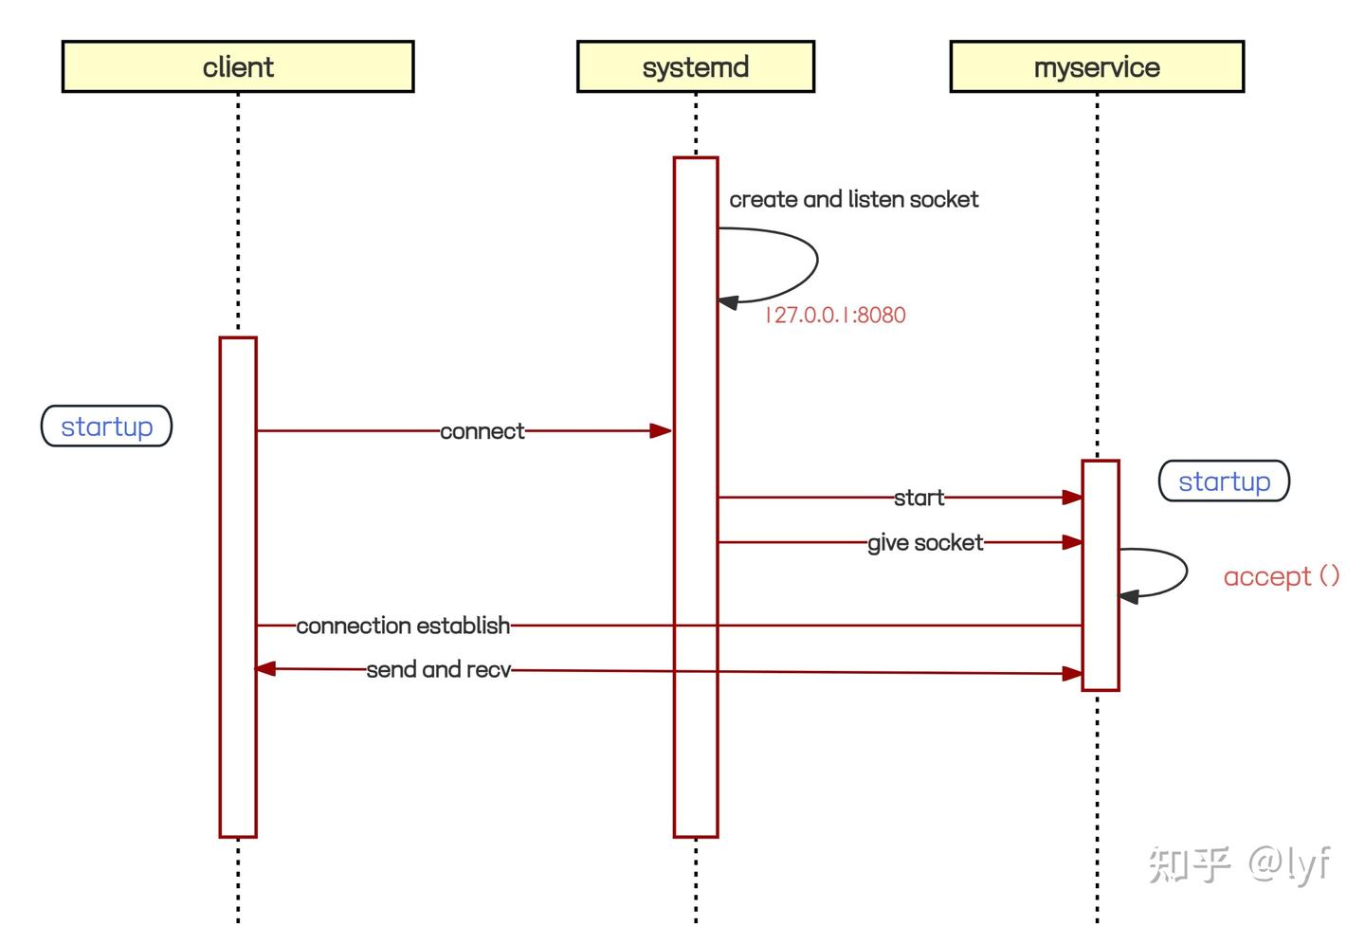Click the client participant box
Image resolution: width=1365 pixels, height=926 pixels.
click(x=238, y=66)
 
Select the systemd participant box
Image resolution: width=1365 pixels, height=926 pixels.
click(x=695, y=66)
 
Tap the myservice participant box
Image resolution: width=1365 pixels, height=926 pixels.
click(x=1097, y=66)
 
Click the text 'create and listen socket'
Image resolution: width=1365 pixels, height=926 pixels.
click(x=853, y=199)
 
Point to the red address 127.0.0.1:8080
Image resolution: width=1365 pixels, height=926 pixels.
click(x=835, y=315)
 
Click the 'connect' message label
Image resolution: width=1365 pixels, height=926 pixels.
click(x=482, y=431)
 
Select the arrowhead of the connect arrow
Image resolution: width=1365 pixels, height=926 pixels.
click(x=661, y=430)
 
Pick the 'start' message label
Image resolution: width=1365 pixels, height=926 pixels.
click(x=919, y=498)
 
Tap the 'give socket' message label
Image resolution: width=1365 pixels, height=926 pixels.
click(x=925, y=543)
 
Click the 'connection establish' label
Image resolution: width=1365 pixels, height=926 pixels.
click(x=403, y=626)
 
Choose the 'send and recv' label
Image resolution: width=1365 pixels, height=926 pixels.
click(x=438, y=670)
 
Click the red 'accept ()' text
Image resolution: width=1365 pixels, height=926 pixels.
click(x=1281, y=576)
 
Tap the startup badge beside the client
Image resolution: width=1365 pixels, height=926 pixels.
click(x=106, y=427)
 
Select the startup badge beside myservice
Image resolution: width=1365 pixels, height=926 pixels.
click(x=1224, y=481)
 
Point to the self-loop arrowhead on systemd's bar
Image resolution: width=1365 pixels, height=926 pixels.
click(x=728, y=302)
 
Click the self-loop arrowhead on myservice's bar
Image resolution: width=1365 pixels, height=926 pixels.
click(x=1129, y=596)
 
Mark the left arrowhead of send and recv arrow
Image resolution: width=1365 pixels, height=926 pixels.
click(x=265, y=668)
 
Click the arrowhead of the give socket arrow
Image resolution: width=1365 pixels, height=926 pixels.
click(x=1072, y=542)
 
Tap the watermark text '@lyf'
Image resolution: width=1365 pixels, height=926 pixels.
click(x=1289, y=863)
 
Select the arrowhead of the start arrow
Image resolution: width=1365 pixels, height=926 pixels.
click(x=1072, y=497)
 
